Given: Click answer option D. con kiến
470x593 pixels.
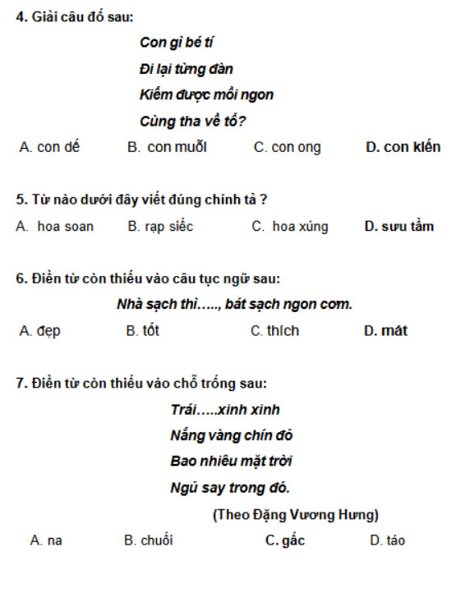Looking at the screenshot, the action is (403, 148).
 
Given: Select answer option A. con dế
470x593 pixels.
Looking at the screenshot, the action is (49, 148).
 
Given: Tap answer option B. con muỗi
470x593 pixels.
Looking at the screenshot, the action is (167, 148).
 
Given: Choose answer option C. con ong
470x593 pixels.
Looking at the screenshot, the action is (288, 148).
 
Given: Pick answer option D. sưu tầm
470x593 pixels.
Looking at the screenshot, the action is (399, 227).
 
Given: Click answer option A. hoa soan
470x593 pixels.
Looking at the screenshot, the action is (55, 227).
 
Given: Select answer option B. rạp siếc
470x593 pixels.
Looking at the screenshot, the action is (160, 227).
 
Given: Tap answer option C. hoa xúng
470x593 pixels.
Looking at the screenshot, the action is (289, 227).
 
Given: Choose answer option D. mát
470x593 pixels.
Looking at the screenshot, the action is (385, 331).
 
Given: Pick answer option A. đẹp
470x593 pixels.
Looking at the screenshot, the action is (39, 331).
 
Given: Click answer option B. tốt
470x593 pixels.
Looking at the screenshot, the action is (142, 331).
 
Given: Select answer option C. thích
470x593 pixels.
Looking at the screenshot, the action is (274, 331).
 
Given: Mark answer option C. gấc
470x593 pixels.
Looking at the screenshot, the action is (284, 540).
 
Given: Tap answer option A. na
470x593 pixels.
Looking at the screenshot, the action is (46, 540).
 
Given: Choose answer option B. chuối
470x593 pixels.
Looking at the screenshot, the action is (148, 540).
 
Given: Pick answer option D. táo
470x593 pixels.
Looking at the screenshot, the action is (387, 540).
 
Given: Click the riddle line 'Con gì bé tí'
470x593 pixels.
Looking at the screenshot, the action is (177, 43).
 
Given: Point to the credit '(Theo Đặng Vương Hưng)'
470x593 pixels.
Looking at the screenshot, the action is (296, 515).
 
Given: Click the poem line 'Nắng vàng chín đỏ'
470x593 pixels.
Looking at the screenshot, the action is (231, 435).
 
